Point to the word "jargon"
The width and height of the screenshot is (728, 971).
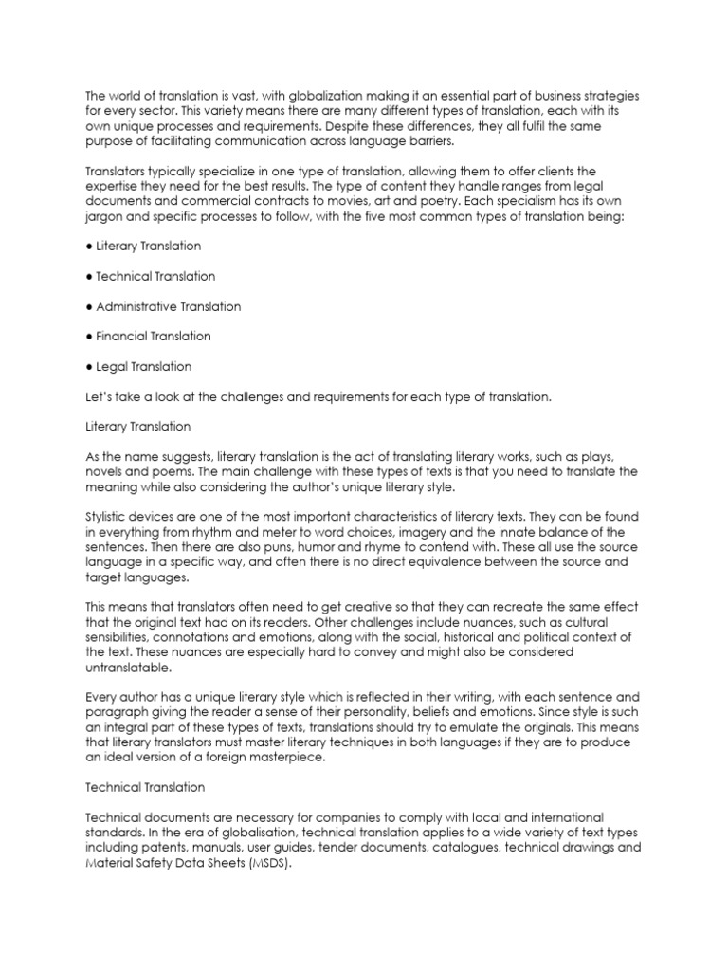pyautogui.click(x=104, y=216)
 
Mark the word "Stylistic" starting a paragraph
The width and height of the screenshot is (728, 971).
pyautogui.click(x=110, y=517)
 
